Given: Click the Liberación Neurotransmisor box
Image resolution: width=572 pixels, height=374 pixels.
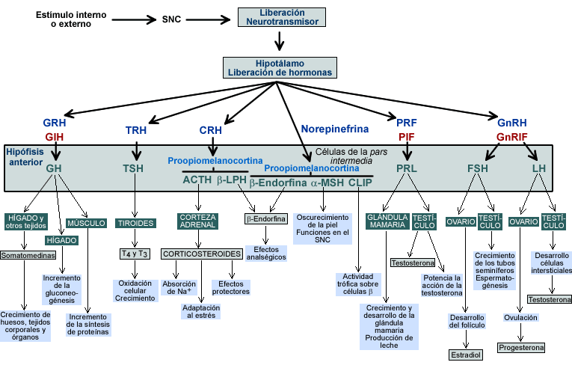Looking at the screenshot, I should tap(282, 17).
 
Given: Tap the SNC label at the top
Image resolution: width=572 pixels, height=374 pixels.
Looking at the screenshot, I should tap(171, 18).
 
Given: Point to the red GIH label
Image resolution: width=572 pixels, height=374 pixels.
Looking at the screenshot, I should tap(55, 137).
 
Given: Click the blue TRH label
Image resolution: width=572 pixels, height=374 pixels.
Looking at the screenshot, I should tap(136, 130).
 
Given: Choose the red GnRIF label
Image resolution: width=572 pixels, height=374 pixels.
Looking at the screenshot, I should tap(512, 137).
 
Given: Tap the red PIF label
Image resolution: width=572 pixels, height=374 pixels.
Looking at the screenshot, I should tap(407, 137).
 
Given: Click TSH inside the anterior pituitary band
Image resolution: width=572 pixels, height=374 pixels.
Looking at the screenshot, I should tap(133, 168).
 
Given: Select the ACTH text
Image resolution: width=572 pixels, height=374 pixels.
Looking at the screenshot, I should tap(197, 180).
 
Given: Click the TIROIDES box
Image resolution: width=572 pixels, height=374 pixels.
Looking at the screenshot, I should tap(135, 223).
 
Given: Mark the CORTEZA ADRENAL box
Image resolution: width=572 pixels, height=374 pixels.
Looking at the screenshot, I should tap(197, 221).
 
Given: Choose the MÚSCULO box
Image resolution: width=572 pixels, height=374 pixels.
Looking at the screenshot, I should tap(86, 223).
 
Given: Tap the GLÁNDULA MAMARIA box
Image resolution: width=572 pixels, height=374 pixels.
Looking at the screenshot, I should tap(386, 221).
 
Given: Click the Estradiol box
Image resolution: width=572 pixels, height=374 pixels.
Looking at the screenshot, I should tap(466, 354).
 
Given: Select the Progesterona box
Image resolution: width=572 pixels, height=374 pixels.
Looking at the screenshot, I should tap(521, 347).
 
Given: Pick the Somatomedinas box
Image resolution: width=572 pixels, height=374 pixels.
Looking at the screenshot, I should tap(28, 255).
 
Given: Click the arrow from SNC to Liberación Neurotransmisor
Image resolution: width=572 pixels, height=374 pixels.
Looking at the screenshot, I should tap(214, 18).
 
